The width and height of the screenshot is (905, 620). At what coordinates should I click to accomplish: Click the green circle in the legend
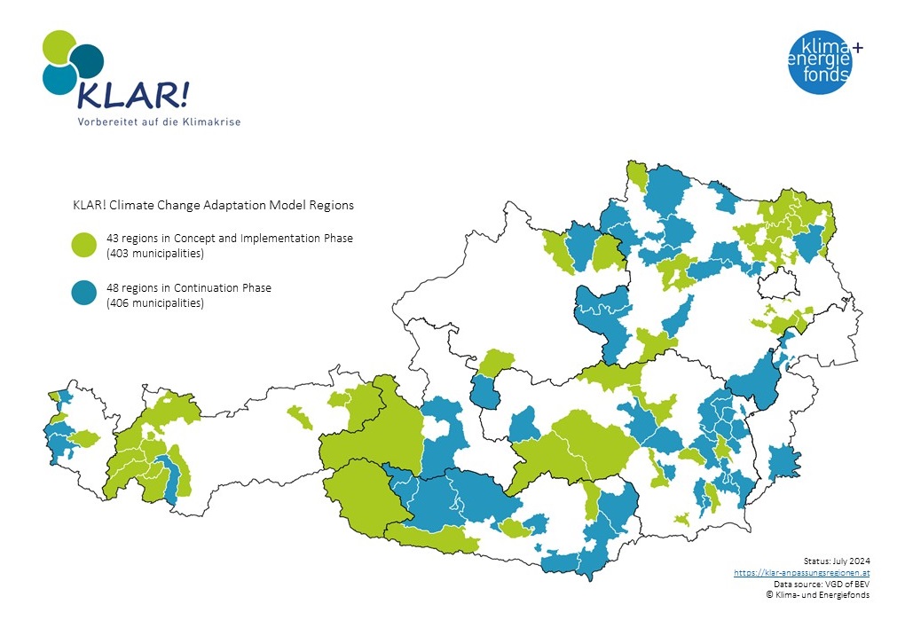(83, 246)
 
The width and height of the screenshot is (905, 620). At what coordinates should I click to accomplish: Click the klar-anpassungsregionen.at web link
(801, 573)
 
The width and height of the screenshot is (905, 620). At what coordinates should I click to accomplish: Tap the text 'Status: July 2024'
(836, 561)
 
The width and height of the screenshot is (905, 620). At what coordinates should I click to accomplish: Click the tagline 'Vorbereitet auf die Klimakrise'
(158, 121)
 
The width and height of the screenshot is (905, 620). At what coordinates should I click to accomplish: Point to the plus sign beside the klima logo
(858, 46)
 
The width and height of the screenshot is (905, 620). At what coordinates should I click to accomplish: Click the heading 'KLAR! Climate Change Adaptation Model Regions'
(213, 205)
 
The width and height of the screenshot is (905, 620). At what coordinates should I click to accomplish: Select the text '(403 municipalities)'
(155, 254)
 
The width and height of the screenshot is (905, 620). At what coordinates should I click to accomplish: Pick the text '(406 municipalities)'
(155, 303)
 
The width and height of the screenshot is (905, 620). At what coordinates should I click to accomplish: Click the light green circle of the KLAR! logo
(58, 47)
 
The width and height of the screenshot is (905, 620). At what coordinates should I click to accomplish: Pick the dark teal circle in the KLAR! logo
(88, 59)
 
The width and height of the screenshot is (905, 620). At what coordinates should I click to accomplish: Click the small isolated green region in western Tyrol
(300, 416)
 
